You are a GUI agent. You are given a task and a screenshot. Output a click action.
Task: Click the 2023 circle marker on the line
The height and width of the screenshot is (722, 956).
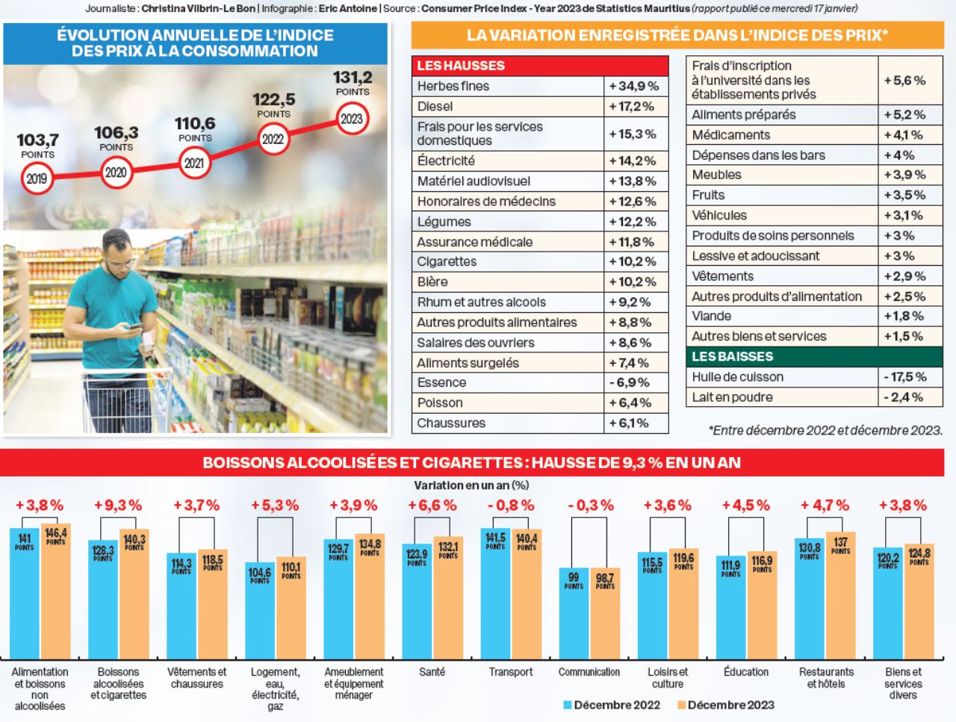pyautogui.click(x=352, y=119)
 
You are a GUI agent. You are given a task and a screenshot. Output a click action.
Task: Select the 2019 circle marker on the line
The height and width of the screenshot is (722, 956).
pyautogui.click(x=37, y=179)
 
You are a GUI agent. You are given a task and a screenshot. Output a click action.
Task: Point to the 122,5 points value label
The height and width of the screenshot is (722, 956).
pyautogui.click(x=273, y=99)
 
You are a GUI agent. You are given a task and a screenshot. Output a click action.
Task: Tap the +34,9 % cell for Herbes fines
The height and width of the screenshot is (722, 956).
pyautogui.click(x=634, y=86)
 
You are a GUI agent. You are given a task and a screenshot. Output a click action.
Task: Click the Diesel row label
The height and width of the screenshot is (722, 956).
pyautogui.click(x=435, y=106)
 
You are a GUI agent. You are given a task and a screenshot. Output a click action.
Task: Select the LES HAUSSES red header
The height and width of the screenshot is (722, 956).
pyautogui.click(x=461, y=66)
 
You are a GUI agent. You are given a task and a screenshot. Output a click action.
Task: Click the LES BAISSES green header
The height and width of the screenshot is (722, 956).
pyautogui.click(x=732, y=357)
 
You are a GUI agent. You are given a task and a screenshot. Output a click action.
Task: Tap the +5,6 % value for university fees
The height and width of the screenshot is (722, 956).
pyautogui.click(x=904, y=80)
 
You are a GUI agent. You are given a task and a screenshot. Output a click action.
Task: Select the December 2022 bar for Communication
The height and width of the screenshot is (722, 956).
pyautogui.click(x=574, y=612)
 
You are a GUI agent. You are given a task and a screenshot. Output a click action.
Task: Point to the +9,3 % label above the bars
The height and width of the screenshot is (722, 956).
pyautogui.click(x=118, y=505)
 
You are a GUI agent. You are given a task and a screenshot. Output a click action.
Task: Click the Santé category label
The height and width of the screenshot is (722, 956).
pyautogui.click(x=432, y=672)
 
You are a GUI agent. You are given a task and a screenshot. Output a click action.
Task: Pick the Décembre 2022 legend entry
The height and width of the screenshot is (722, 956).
pyautogui.click(x=612, y=705)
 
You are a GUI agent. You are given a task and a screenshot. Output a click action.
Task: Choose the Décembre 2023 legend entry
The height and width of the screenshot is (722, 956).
pyautogui.click(x=725, y=705)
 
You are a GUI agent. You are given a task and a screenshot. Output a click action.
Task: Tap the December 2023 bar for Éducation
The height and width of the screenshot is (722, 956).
pyautogui.click(x=762, y=605)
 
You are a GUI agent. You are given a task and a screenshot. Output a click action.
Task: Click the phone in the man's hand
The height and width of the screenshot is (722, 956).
pyautogui.click(x=136, y=326)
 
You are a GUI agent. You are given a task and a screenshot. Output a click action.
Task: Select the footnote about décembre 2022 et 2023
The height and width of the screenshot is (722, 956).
pyautogui.click(x=825, y=430)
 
